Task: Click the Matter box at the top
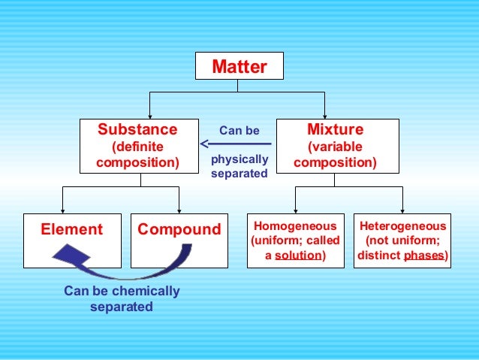click(239, 67)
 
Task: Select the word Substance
click(137, 129)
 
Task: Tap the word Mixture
click(335, 129)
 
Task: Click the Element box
click(72, 229)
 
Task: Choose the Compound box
click(179, 229)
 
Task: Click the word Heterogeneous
click(402, 225)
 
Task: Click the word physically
click(239, 159)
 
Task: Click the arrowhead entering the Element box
click(62, 210)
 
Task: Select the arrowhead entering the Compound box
click(179, 210)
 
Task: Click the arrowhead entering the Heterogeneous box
click(402, 210)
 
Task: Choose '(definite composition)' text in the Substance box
click(137, 153)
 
